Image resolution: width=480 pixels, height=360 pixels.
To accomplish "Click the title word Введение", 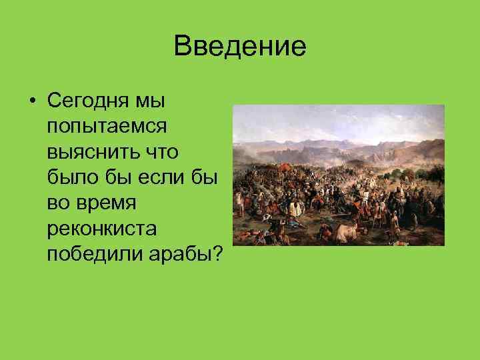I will tap(239, 47).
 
